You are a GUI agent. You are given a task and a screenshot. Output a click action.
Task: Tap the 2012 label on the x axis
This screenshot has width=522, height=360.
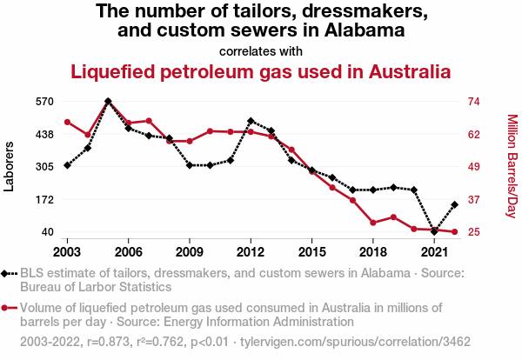tap(251, 251)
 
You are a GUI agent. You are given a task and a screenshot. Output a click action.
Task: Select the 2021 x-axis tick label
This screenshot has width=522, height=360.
tap(434, 251)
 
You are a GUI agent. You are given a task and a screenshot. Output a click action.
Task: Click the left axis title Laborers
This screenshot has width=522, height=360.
tap(10, 166)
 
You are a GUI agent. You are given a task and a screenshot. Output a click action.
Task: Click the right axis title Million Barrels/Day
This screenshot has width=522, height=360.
tap(512, 166)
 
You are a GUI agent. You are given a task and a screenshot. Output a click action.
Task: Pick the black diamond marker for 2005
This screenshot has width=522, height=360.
tap(108, 101)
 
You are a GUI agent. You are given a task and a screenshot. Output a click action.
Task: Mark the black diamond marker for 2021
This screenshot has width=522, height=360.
tap(434, 232)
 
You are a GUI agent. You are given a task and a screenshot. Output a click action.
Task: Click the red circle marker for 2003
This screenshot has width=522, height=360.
tap(67, 122)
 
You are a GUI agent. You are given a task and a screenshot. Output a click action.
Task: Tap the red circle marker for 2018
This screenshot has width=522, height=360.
tap(372, 223)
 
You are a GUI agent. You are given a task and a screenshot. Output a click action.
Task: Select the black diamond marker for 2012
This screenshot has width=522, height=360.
tap(251, 121)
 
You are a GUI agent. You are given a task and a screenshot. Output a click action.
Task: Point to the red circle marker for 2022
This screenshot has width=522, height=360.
tap(454, 232)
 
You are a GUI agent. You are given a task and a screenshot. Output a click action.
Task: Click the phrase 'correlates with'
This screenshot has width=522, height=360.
tap(261, 50)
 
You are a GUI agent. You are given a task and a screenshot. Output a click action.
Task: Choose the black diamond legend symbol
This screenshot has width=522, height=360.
tap(9, 273)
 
